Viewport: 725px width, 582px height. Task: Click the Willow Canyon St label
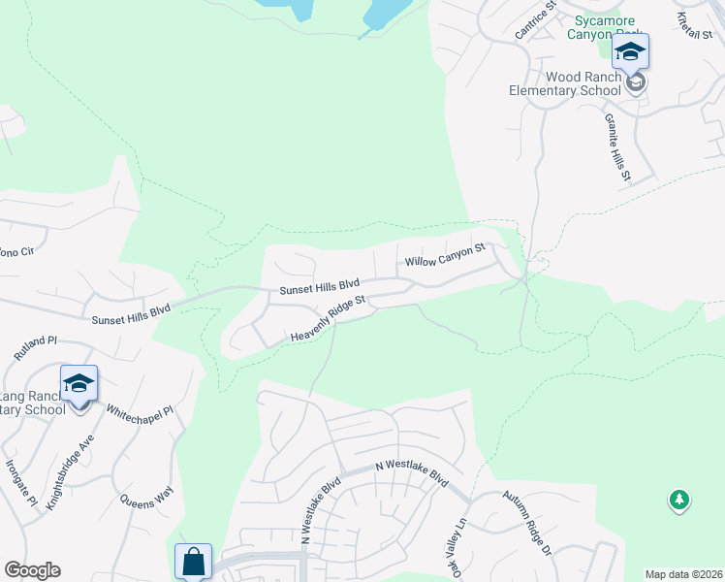(444, 256)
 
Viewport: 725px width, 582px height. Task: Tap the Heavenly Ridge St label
(328, 319)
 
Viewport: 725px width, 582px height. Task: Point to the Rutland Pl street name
(38, 349)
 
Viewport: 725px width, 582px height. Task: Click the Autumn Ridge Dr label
(526, 522)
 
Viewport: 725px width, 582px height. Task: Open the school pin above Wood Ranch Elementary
(630, 52)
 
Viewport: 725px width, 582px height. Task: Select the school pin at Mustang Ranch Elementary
(79, 384)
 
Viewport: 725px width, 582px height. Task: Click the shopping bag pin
(193, 561)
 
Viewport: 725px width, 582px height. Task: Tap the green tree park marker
(679, 501)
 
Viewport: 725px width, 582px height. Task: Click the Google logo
(32, 570)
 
